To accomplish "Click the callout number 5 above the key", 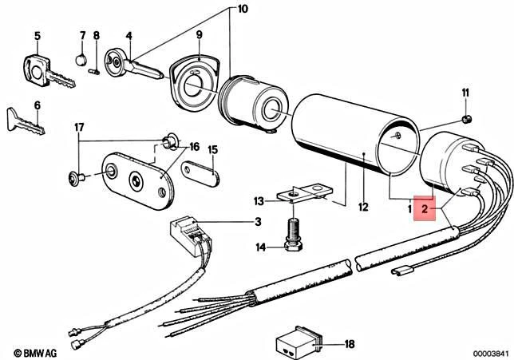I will [x=37, y=36].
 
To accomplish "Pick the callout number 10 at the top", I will [x=221, y=9].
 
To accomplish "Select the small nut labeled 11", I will [x=467, y=119].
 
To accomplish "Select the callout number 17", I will [x=79, y=127].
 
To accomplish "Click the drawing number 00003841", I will [x=488, y=352].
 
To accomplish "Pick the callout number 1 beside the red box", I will [x=409, y=209].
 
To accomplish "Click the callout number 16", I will [x=194, y=147].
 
